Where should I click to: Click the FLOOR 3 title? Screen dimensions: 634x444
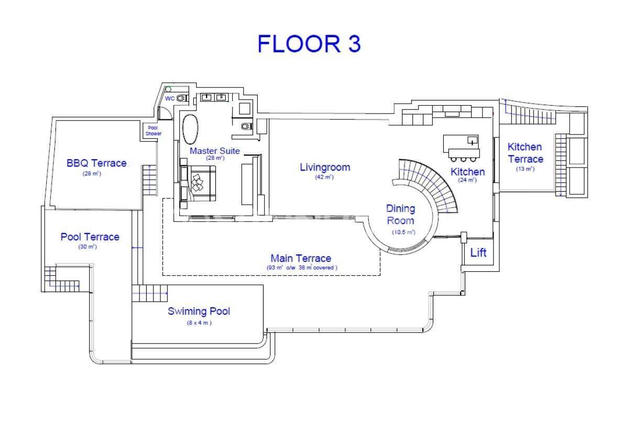[x=309, y=44]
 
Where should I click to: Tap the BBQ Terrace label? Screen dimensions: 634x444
[x=96, y=163]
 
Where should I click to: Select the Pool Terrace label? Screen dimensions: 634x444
[x=90, y=237]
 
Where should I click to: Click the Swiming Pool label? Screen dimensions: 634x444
[x=199, y=312]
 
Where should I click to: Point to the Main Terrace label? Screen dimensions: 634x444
[x=301, y=258]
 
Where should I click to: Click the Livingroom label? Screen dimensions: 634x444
[x=325, y=168]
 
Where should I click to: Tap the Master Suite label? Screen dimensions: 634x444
[x=214, y=151]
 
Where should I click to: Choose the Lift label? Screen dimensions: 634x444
[x=478, y=252]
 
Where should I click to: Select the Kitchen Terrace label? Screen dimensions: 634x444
[x=526, y=153]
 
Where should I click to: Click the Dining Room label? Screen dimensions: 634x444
[x=400, y=215]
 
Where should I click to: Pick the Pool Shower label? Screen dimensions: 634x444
[x=153, y=131]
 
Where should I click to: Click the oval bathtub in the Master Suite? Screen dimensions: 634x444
[x=190, y=129]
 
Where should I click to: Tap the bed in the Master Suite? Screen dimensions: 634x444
[x=198, y=184]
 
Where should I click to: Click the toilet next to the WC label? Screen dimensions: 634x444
[x=181, y=98]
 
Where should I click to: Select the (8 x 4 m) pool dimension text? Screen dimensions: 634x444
[x=199, y=323]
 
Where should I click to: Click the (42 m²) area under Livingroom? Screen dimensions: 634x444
[x=324, y=177]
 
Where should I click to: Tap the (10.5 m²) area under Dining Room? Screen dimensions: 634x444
[x=403, y=232]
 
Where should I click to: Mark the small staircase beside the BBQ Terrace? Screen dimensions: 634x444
[x=149, y=180]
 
